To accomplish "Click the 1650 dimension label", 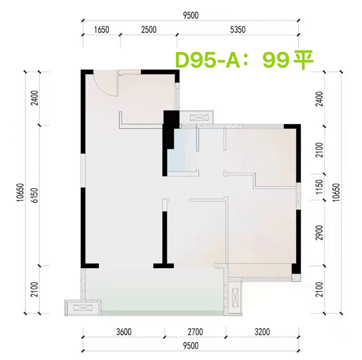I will [x=102, y=30].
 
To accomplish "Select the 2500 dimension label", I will [x=149, y=30].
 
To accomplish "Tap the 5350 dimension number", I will [x=237, y=30].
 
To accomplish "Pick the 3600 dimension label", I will [x=124, y=332].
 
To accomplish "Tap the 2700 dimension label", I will [x=195, y=332].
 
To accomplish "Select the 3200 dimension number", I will [x=262, y=332].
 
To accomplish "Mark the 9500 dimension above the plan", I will [x=190, y=15].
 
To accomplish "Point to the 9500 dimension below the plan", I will [x=190, y=346].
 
